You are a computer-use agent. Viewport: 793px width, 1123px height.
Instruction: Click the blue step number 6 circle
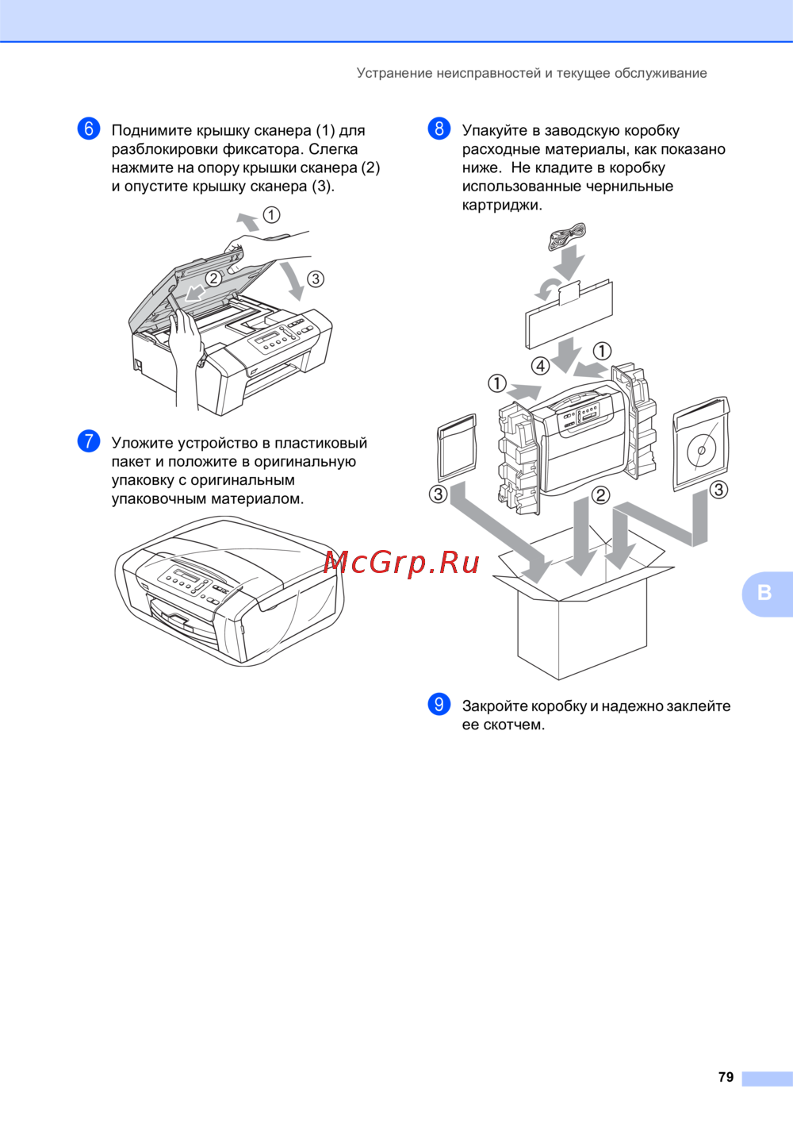[89, 129]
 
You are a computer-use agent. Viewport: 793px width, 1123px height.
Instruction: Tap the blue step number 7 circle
[89, 441]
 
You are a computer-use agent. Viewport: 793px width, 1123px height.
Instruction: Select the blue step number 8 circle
[439, 129]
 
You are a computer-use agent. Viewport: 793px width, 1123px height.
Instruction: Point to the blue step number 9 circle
[439, 705]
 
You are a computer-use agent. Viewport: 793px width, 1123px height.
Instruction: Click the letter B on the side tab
[764, 593]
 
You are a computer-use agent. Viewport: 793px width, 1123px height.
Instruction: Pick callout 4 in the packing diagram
[541, 366]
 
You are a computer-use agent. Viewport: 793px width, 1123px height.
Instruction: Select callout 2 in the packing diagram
[600, 495]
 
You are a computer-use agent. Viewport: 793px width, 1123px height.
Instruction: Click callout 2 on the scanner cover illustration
[214, 279]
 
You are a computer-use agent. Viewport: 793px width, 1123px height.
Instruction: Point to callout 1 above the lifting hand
[271, 215]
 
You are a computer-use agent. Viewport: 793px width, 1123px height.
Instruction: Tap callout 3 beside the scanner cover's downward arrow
[315, 279]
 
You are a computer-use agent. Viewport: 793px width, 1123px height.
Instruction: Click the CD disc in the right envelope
[702, 449]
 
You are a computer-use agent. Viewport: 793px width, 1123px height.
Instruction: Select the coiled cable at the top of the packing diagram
[567, 237]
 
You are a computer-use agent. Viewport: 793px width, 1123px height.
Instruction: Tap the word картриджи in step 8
[502, 206]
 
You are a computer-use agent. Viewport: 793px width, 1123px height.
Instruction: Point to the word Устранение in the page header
[394, 74]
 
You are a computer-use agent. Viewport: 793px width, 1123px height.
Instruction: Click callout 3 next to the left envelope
[439, 494]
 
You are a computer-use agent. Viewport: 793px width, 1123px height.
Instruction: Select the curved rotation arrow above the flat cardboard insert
[547, 289]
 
